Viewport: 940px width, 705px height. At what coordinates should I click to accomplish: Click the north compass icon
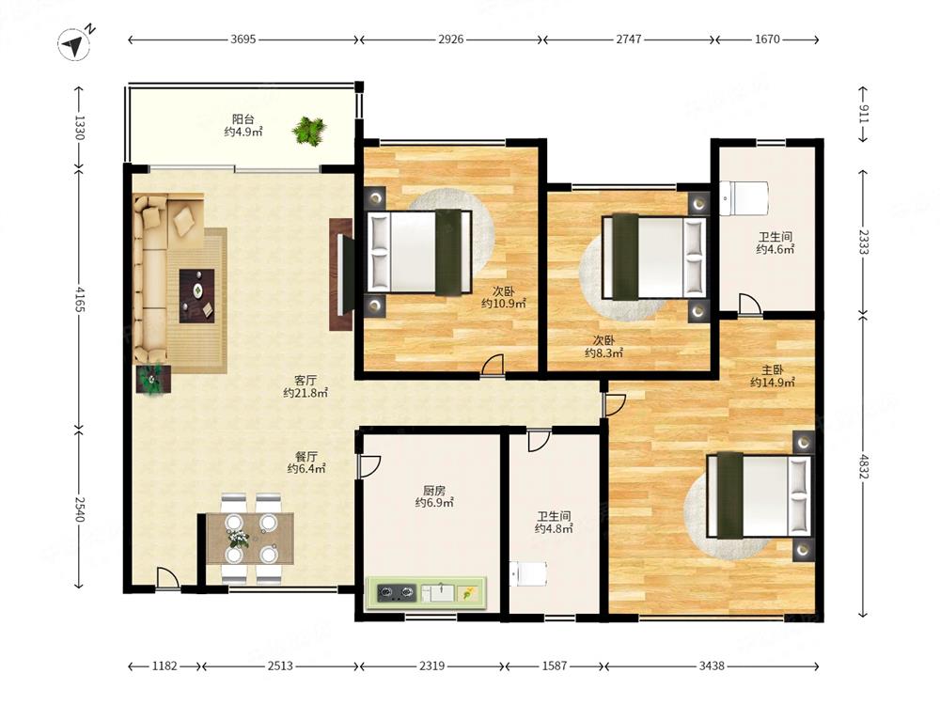click(75, 44)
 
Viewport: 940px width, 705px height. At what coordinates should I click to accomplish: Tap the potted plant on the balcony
click(309, 130)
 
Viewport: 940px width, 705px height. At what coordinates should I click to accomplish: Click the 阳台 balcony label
click(243, 119)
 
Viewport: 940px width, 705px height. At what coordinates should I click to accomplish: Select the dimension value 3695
click(243, 39)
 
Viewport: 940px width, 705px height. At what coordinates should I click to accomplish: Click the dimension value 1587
click(555, 666)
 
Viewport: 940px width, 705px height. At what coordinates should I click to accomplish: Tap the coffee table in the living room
click(196, 296)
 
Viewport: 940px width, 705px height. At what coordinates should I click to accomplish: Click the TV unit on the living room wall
click(341, 274)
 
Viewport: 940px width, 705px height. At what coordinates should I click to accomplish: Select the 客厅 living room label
click(305, 380)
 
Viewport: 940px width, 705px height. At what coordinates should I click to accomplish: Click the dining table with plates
click(251, 539)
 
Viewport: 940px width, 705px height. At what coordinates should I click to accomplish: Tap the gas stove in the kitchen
click(397, 593)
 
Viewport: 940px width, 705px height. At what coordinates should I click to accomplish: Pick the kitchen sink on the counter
click(438, 593)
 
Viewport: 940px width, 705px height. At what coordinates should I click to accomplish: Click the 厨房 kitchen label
click(434, 490)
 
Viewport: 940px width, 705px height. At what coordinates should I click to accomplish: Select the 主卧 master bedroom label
click(772, 369)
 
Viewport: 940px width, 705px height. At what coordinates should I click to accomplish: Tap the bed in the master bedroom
click(759, 495)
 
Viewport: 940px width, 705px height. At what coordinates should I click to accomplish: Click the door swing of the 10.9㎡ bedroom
click(493, 365)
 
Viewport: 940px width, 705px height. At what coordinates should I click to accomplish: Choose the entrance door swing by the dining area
click(168, 578)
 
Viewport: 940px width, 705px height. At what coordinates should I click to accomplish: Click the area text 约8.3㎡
click(603, 353)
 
